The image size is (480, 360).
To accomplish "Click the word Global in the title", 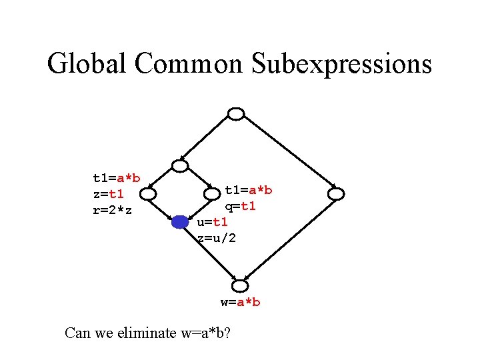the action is point(87,64).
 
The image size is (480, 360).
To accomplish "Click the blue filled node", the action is point(180,223).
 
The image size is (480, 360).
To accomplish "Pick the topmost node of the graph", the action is point(236,114).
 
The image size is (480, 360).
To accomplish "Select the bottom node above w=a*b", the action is point(239,286).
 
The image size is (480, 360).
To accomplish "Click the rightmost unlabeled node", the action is point(336,194).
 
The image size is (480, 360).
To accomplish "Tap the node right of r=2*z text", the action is point(148,194).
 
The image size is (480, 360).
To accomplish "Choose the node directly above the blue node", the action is point(180,166).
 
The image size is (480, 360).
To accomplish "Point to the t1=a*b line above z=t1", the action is point(116,178).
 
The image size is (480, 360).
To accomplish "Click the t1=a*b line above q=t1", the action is point(248,190).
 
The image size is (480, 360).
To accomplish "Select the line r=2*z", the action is point(112,211).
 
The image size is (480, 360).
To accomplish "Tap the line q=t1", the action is point(240,206).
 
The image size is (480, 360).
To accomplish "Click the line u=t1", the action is point(213,222).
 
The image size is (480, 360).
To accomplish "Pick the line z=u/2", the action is point(217,238).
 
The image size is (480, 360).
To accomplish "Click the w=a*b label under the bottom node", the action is point(240,302).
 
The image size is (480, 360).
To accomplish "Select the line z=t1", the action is point(108,194).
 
